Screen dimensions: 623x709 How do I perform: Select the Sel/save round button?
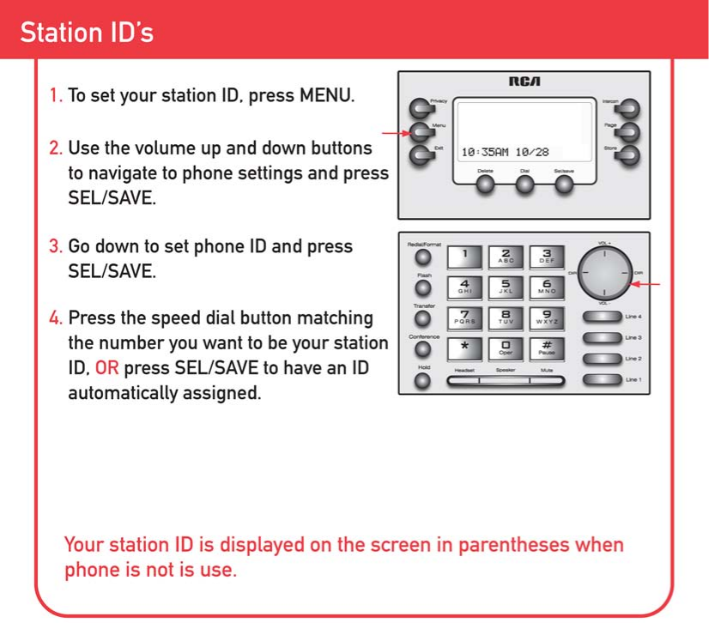[x=563, y=185]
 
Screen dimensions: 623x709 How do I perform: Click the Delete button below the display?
[x=487, y=185]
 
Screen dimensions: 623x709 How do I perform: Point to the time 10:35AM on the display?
[x=485, y=151]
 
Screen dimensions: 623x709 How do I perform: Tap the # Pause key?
[x=547, y=348]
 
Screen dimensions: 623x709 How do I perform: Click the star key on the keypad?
[x=464, y=348]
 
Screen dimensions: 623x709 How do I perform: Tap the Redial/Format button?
[x=422, y=257]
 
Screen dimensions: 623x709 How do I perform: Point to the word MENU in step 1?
[x=325, y=95]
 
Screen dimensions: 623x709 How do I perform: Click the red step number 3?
[x=55, y=246]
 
